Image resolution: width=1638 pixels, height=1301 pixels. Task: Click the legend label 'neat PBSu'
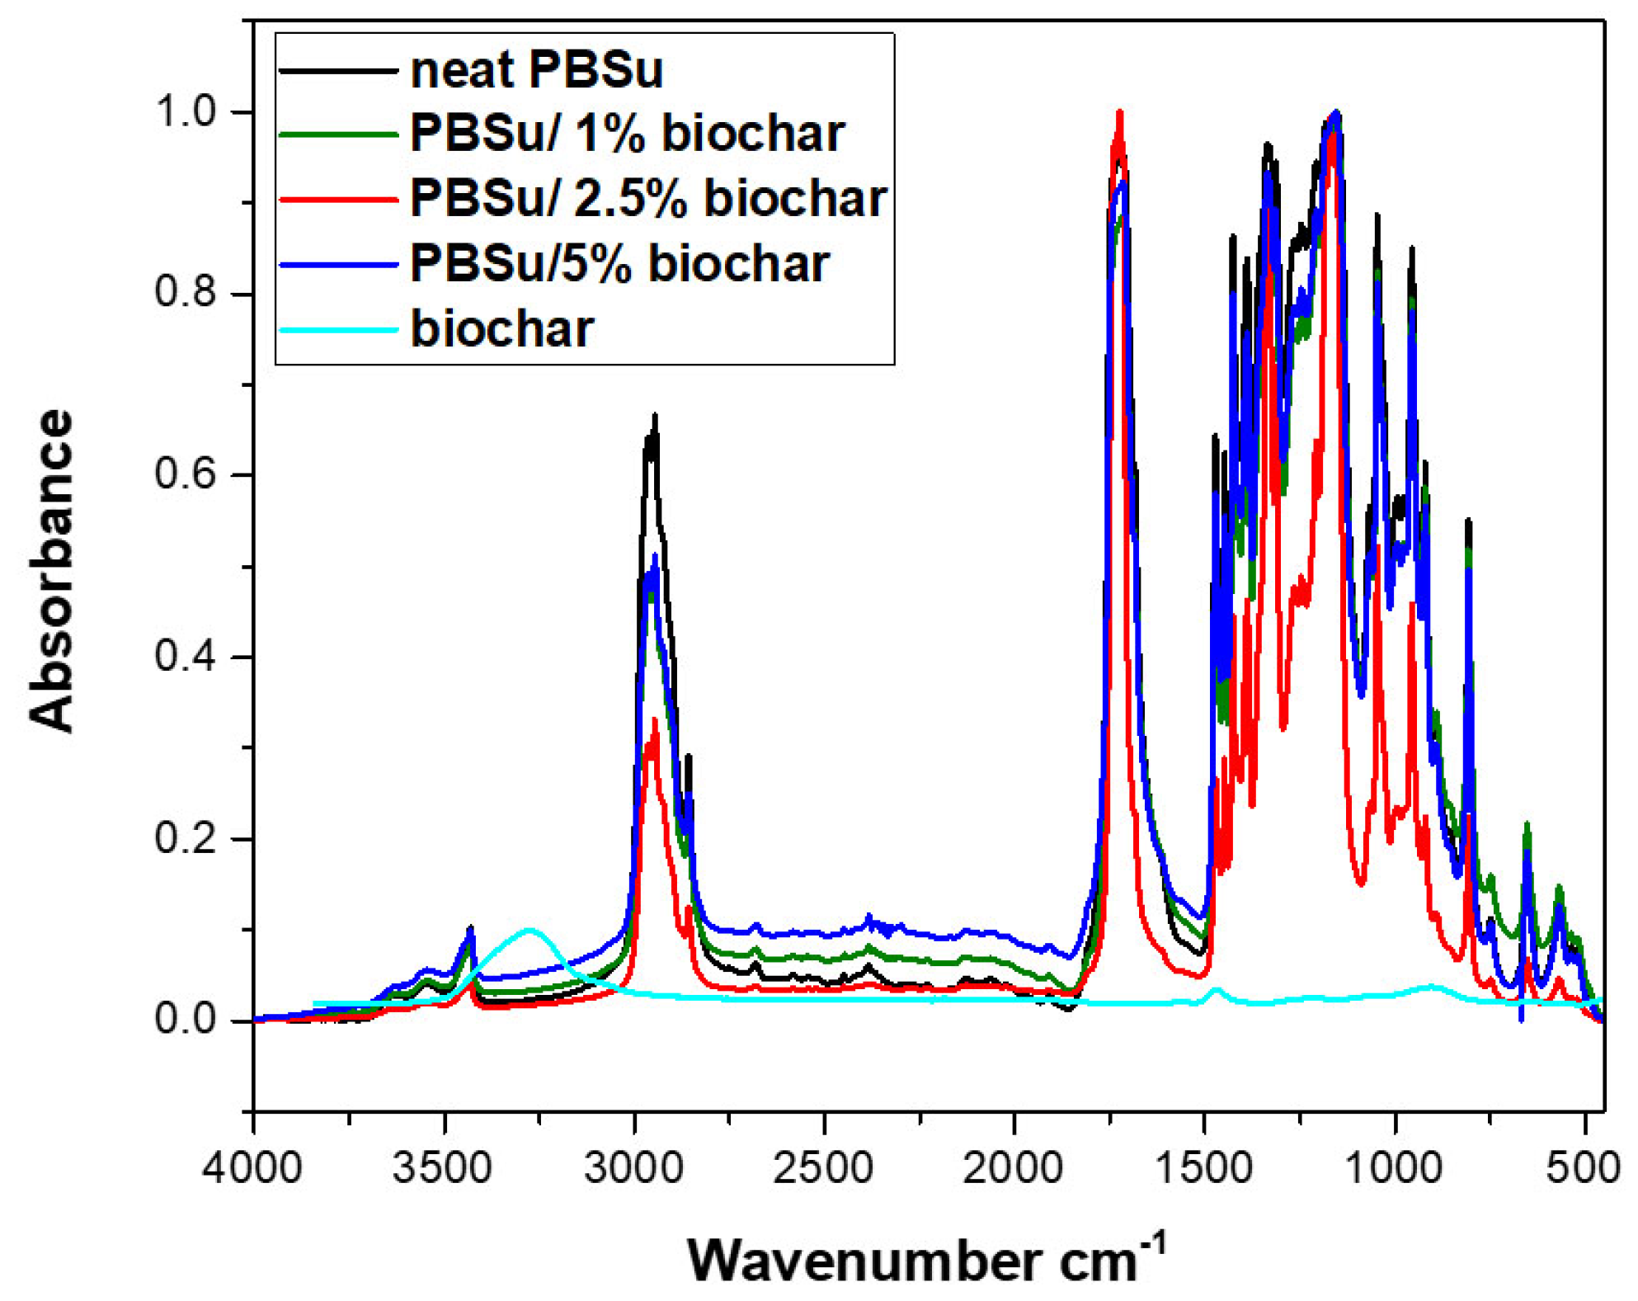[x=536, y=69]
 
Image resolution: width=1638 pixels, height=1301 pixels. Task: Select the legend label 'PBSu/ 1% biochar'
[x=627, y=133]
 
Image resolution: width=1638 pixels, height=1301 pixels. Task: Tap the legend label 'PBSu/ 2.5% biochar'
[x=647, y=198]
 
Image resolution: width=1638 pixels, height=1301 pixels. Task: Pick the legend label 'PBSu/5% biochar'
[x=619, y=263]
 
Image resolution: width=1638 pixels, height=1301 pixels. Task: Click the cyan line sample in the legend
[x=338, y=330]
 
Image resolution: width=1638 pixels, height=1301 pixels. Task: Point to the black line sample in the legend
[x=338, y=71]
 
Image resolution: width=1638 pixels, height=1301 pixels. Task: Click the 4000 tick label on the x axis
[x=252, y=1168]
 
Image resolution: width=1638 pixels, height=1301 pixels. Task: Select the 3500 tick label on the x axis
[x=443, y=1168]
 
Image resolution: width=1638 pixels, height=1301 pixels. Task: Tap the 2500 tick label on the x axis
[x=823, y=1168]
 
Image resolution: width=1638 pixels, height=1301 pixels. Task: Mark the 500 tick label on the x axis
[x=1584, y=1168]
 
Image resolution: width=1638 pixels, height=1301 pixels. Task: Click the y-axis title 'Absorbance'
[x=51, y=569]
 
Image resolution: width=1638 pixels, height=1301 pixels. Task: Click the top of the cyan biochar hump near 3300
[x=530, y=930]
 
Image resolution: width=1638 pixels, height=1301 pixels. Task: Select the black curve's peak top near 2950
[x=655, y=416]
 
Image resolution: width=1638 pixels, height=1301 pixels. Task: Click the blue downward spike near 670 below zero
[x=1521, y=1021]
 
